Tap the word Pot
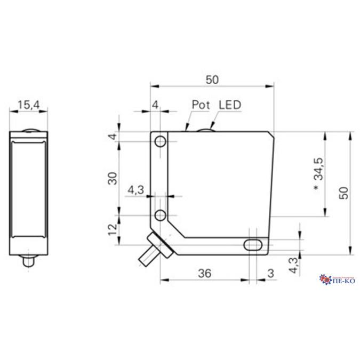click(x=201, y=105)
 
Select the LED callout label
click(x=230, y=105)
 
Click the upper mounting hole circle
click(x=160, y=141)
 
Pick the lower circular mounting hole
click(x=160, y=215)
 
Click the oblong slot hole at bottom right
click(x=253, y=245)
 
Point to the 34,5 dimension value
click(x=319, y=169)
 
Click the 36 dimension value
click(x=205, y=273)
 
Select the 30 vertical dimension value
click(x=113, y=179)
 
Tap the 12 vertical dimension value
click(x=113, y=229)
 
